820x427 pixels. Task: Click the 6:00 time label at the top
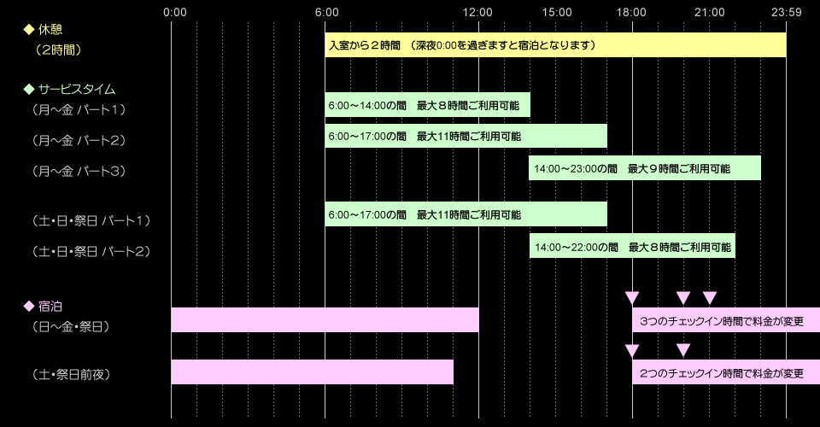(x=325, y=12)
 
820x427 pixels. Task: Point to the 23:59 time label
(x=786, y=12)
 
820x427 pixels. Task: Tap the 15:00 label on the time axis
(x=556, y=12)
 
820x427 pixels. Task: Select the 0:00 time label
(x=174, y=12)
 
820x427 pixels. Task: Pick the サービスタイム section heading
(x=75, y=89)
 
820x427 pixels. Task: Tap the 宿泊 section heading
(x=50, y=306)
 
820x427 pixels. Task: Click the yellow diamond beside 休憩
(x=29, y=29)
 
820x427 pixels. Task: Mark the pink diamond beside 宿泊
(x=29, y=306)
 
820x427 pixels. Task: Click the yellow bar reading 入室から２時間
(x=555, y=45)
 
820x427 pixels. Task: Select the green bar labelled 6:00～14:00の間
(x=427, y=105)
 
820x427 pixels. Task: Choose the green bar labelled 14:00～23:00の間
(x=645, y=168)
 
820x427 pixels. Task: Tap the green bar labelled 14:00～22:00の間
(x=632, y=246)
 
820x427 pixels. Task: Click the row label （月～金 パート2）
(x=79, y=140)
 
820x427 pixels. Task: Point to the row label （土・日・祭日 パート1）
(x=91, y=221)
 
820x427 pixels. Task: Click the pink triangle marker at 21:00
(x=710, y=297)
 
